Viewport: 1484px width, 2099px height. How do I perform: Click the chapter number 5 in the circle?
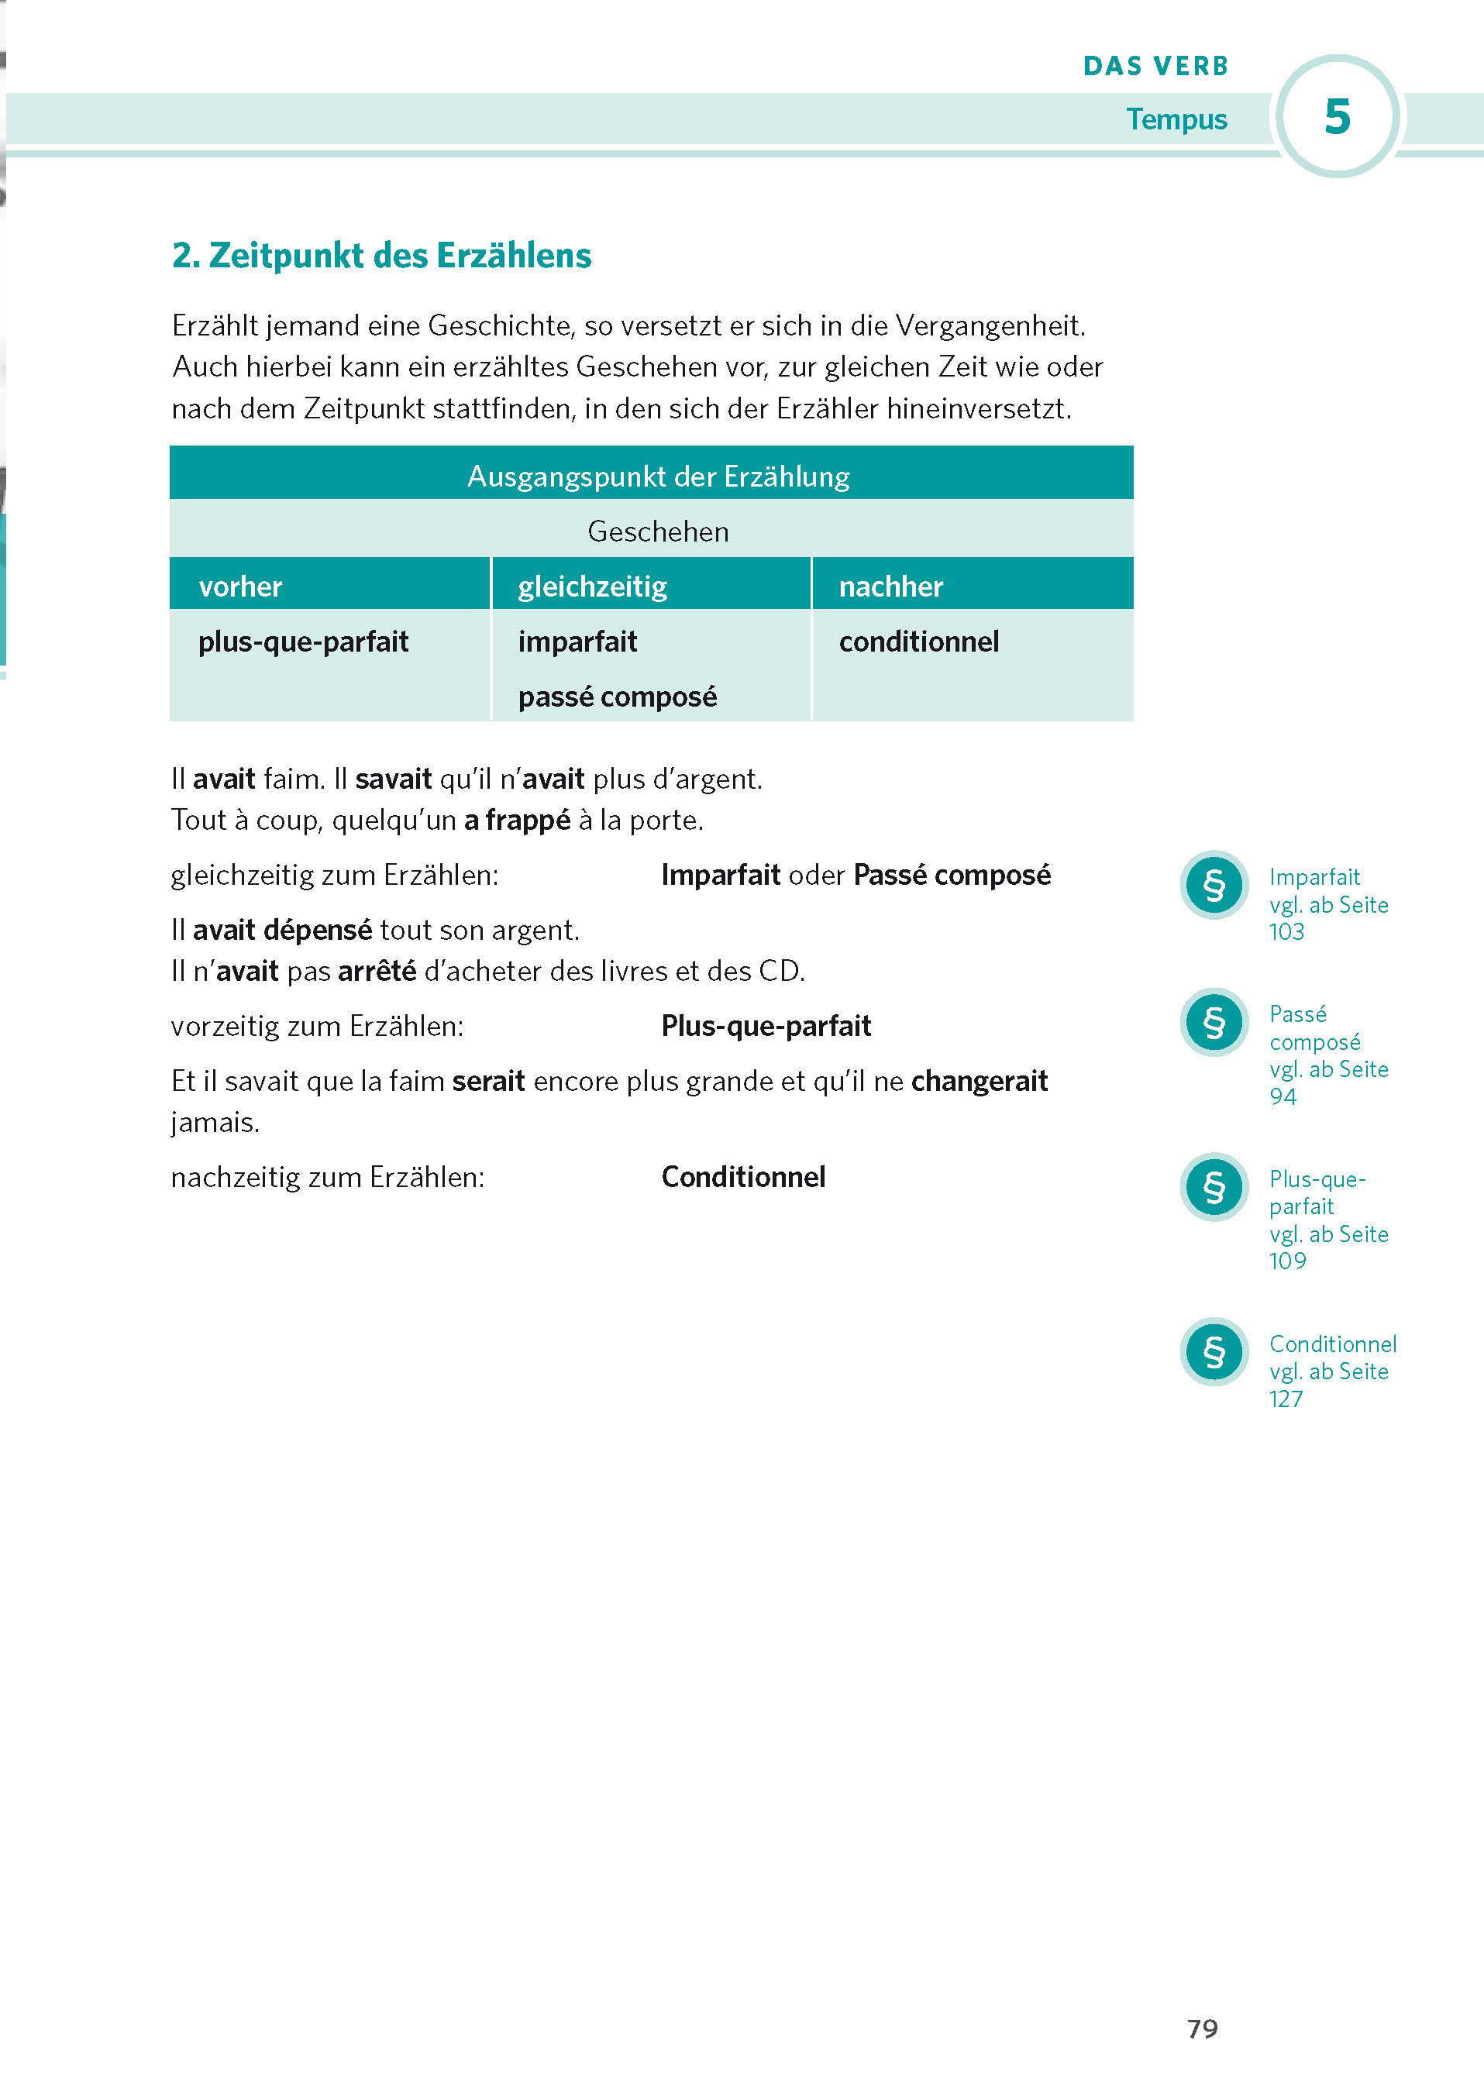pos(1337,117)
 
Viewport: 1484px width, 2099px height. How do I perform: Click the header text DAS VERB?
pos(1155,66)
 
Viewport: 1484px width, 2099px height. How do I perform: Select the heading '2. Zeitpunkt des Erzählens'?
pos(381,256)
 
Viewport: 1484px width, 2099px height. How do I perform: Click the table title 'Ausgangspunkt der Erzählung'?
pos(659,477)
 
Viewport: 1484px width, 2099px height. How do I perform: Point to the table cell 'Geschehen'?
pos(659,532)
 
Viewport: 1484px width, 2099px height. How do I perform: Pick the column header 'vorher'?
pos(240,586)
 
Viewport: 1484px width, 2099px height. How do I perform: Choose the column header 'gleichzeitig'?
pos(593,586)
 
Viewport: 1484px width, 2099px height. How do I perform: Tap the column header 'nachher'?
pos(890,586)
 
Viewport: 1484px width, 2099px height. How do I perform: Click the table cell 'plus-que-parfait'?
pos(304,642)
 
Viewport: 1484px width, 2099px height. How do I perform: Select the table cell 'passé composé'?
pos(617,697)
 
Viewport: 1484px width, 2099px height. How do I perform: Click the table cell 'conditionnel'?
pos(919,642)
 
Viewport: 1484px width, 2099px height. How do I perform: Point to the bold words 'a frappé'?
pos(517,820)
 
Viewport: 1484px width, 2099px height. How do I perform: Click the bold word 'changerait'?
pos(980,1081)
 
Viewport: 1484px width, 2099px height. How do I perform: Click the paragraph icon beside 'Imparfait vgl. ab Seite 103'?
pos(1214,885)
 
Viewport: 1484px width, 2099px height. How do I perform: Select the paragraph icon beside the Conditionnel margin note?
pos(1214,1351)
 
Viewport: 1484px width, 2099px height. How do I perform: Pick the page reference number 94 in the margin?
pos(1283,1096)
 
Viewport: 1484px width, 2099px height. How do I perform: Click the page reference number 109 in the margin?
pos(1287,1261)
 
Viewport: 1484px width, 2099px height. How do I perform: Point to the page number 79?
pos(1203,2028)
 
